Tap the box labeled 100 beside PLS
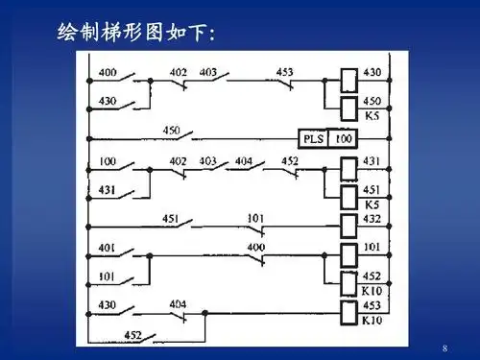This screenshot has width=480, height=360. click(x=343, y=139)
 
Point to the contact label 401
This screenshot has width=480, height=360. click(x=108, y=247)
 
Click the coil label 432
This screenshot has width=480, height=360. click(x=372, y=219)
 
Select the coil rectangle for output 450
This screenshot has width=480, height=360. click(x=349, y=103)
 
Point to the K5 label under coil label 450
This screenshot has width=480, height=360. click(x=372, y=116)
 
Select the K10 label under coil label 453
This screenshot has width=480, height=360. click(x=372, y=321)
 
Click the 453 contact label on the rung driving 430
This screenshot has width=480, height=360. click(x=284, y=72)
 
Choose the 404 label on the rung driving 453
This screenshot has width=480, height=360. click(x=179, y=303)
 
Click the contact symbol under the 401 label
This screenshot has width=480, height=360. click(x=126, y=257)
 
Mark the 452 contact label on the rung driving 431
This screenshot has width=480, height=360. click(x=290, y=160)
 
